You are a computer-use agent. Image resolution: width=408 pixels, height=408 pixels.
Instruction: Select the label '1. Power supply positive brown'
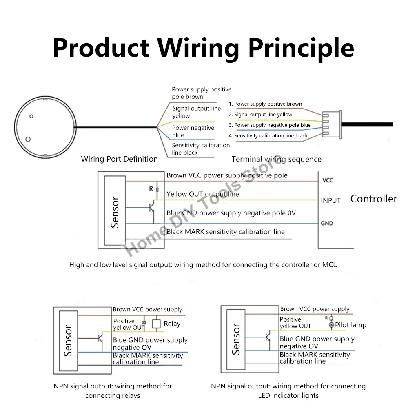click(x=265, y=104)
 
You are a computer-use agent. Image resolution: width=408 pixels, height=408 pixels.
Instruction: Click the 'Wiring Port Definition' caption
click(x=119, y=159)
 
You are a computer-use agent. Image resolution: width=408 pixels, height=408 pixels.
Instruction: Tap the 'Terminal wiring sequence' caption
click(x=276, y=159)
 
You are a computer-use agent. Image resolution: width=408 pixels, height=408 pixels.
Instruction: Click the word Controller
click(x=373, y=199)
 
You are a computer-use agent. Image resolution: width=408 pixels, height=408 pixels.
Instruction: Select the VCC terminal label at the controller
click(x=328, y=180)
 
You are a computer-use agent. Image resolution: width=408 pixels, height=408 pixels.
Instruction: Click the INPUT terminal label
click(x=330, y=200)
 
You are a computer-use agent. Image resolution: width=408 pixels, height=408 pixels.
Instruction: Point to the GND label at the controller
click(x=327, y=223)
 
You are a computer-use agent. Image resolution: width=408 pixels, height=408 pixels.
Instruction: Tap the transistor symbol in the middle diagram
click(x=152, y=207)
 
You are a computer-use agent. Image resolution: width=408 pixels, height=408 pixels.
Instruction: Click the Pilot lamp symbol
click(x=331, y=325)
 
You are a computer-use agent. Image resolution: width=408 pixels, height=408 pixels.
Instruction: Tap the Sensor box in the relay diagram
click(x=69, y=341)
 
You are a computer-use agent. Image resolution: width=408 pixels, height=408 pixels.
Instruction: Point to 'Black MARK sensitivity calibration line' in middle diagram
click(x=225, y=232)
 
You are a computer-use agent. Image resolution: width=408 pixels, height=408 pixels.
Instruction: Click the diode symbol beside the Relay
click(x=144, y=322)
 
